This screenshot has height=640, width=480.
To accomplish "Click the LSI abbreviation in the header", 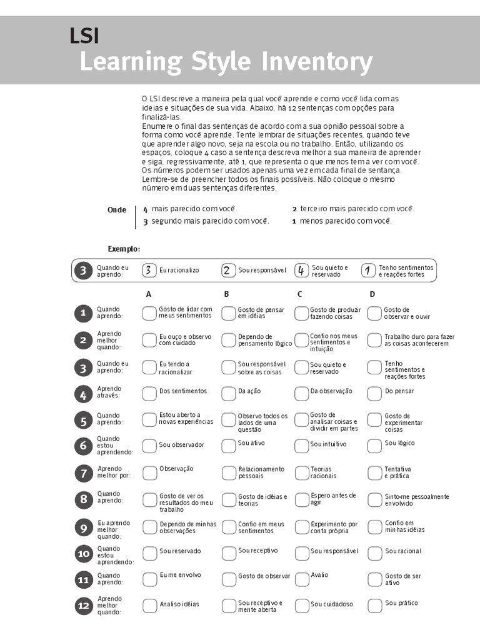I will (x=84, y=36).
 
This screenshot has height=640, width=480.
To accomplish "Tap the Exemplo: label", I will (x=124, y=249).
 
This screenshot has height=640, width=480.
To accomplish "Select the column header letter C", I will (x=299, y=294).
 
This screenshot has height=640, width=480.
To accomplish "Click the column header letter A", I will (x=149, y=294).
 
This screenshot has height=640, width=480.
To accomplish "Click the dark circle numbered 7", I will (x=83, y=473).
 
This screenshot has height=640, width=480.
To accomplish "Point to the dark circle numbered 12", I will (x=83, y=606).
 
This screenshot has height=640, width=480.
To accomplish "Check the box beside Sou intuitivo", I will (x=302, y=446).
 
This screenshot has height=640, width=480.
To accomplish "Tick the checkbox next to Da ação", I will (x=229, y=393).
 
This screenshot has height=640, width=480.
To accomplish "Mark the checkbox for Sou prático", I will (x=374, y=605).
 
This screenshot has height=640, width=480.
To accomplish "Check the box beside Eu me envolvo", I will (x=149, y=579).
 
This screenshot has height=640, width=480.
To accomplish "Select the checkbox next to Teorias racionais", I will (x=302, y=473).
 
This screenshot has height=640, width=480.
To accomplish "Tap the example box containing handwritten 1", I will (x=369, y=270).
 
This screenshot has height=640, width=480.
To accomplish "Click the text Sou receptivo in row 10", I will (x=257, y=551).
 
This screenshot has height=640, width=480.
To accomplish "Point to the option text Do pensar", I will (x=399, y=391).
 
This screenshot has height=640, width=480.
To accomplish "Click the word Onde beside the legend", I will (x=117, y=210).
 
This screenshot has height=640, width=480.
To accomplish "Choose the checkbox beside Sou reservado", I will (x=149, y=553).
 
